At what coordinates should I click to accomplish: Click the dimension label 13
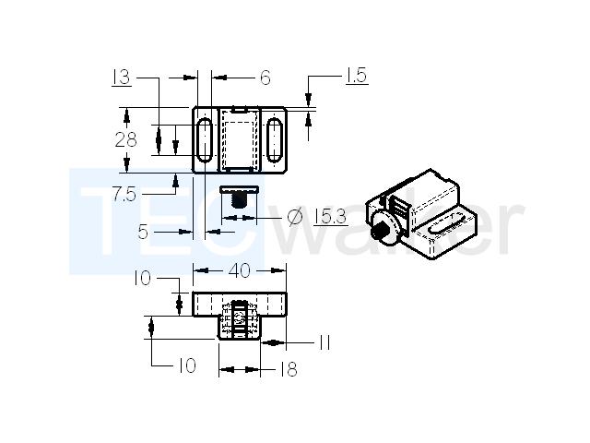[122, 78]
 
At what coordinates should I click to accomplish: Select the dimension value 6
[265, 78]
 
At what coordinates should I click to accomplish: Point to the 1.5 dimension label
[357, 76]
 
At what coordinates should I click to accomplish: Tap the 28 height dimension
[125, 140]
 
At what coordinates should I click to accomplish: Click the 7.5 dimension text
[124, 195]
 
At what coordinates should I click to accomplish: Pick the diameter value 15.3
[331, 217]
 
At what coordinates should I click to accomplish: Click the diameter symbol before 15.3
[295, 217]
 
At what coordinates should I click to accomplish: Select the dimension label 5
[143, 232]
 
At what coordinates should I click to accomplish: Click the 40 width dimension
[240, 270]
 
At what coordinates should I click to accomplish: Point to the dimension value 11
[324, 342]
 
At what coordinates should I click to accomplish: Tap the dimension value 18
[289, 369]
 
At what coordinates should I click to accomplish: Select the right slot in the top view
[275, 139]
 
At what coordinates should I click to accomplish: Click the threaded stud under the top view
[239, 200]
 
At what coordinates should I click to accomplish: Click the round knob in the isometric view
[383, 227]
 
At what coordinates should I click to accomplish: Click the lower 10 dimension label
[187, 365]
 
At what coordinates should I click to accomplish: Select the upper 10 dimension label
[143, 279]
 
